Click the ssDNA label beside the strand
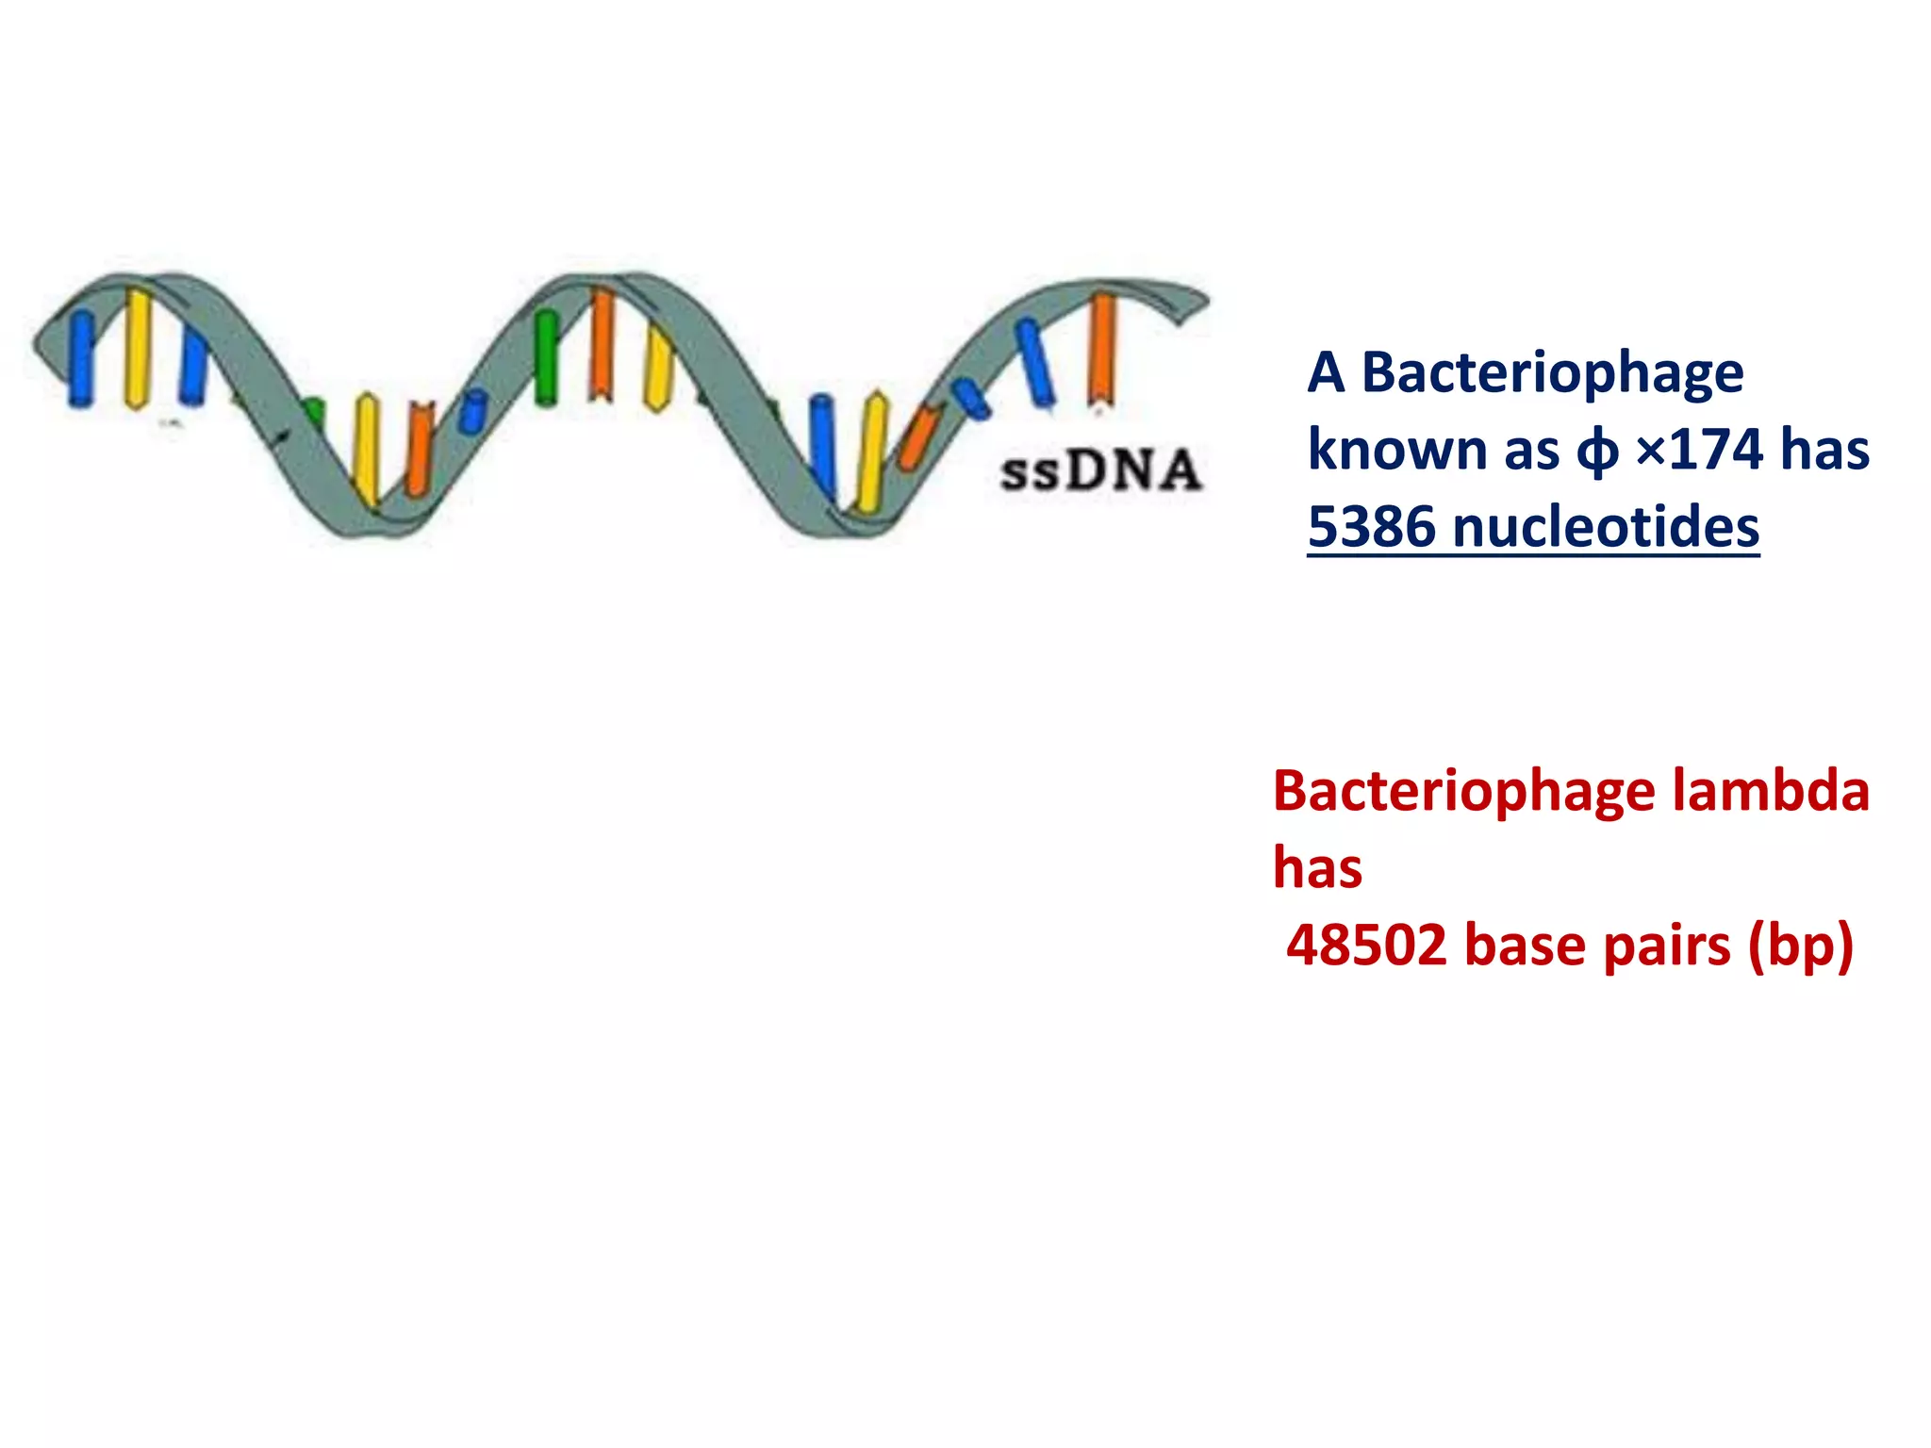click(x=1100, y=470)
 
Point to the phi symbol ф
click(x=1596, y=451)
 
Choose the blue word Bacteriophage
click(x=1553, y=372)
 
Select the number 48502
click(x=1366, y=945)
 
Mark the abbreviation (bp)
click(x=1800, y=946)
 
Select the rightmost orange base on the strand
click(x=1101, y=349)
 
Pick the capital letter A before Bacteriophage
click(x=1326, y=372)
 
